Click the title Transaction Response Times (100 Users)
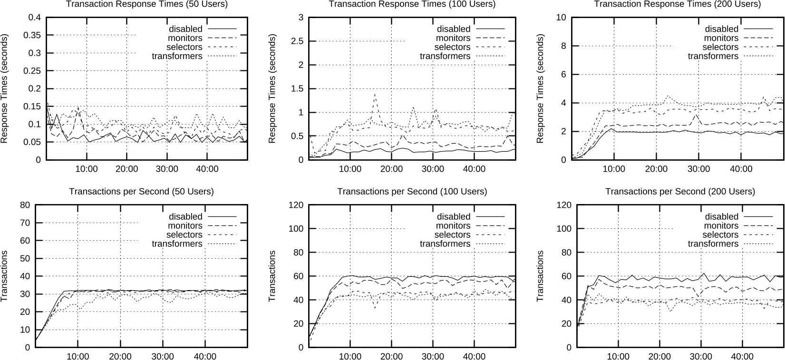412,4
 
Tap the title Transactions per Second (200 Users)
680,192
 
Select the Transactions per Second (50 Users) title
141,192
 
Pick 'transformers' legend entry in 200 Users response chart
713,56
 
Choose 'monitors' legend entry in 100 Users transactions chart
453,226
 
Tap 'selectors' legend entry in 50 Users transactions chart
184,235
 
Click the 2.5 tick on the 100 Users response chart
298,41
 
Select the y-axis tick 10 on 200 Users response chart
561,18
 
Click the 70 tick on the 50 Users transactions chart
25,223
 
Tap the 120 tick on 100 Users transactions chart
296,205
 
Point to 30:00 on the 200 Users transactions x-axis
701,357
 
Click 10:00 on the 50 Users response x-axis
86,169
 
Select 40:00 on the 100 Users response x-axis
474,169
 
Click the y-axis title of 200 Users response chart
540,88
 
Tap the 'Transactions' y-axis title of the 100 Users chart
272,276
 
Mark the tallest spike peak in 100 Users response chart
375,94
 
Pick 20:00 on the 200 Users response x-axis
656,169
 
